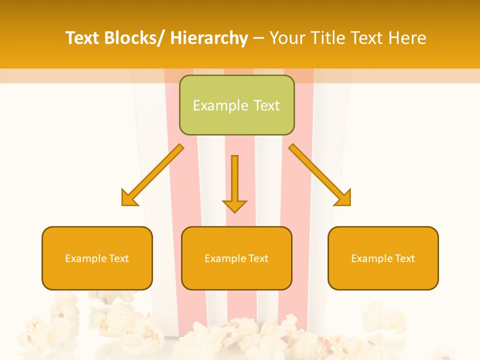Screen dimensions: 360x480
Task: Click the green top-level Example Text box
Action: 236,105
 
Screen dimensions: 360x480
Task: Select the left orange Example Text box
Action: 97,258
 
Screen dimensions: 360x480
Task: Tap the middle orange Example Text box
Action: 236,258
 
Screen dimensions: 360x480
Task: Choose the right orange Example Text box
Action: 383,258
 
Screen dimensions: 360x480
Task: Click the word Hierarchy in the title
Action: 209,38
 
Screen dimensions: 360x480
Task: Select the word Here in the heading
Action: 406,38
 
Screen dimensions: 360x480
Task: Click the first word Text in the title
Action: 83,38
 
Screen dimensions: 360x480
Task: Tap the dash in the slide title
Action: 258,38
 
